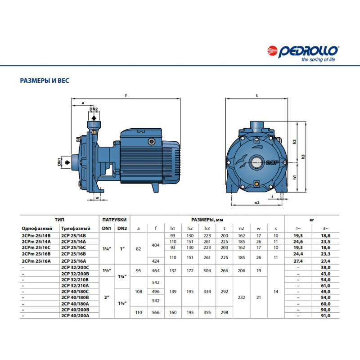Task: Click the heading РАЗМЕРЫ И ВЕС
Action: coord(45,81)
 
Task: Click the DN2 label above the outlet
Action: coord(93,109)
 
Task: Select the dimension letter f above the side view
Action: coord(126,95)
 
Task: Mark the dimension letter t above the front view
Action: coord(256,95)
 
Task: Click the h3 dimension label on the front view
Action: coord(304,157)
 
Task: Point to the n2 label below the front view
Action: coord(257,203)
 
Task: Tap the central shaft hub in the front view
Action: coord(257,161)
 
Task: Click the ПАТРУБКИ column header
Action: coord(114,220)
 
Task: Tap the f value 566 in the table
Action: coord(156,313)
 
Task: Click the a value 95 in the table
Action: coord(139,269)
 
